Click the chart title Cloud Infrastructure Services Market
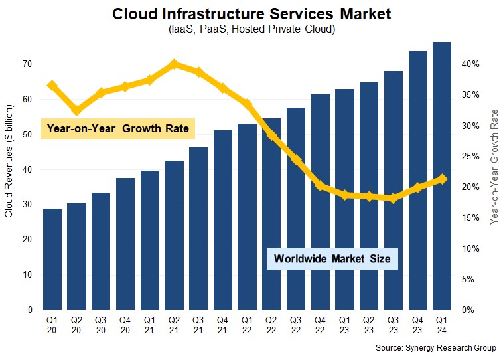click(251, 13)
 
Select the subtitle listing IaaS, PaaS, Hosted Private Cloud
click(251, 30)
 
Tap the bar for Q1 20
click(52, 259)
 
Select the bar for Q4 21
click(223, 220)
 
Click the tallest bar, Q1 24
click(442, 176)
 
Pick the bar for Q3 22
click(296, 209)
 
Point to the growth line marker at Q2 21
click(174, 64)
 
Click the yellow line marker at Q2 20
click(76, 110)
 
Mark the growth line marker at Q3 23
click(393, 198)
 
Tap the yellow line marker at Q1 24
click(442, 179)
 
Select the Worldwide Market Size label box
click(332, 258)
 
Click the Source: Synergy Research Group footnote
click(436, 347)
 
